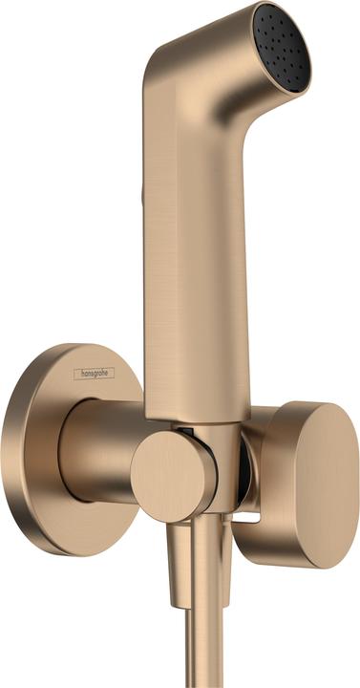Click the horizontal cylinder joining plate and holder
tap(100, 449)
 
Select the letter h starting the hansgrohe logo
tap(81, 374)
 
